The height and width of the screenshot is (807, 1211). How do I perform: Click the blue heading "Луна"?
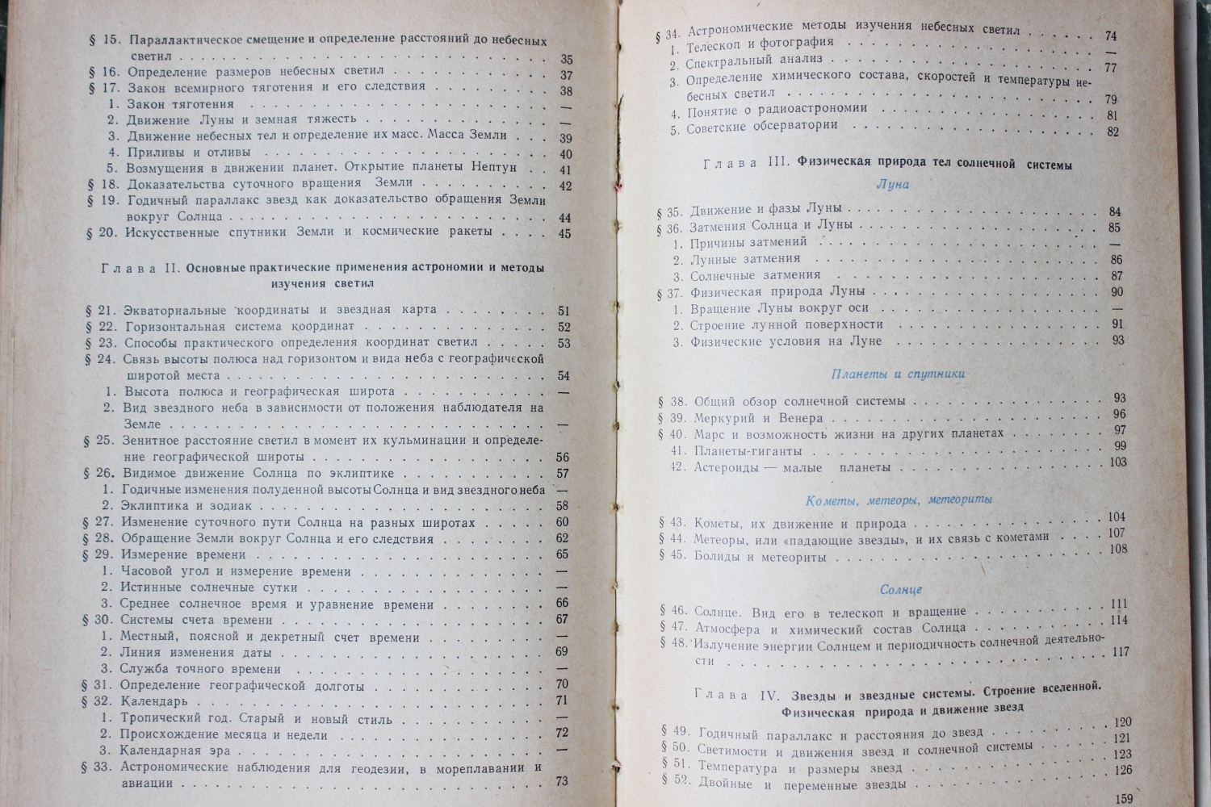point(892,185)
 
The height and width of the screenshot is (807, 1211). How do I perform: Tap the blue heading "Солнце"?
point(901,590)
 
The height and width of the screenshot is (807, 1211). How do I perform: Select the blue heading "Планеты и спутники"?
point(898,374)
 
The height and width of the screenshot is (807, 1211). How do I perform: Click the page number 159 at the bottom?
point(1123,799)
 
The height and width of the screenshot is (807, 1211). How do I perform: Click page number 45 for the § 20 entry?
point(564,234)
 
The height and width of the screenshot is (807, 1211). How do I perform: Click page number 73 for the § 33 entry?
point(562,781)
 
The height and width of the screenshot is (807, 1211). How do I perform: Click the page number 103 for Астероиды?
point(1117,462)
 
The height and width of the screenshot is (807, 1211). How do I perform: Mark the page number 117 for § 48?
point(1120,651)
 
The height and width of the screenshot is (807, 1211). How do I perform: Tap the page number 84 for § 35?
point(1115,212)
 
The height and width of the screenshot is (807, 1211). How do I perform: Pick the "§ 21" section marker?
point(99,310)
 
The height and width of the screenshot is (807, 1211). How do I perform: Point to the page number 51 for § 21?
point(564,311)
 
